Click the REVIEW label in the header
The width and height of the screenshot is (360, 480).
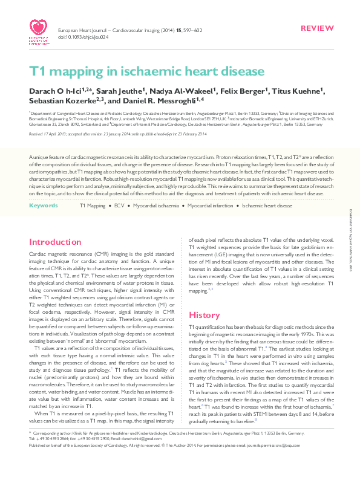click(x=316, y=12)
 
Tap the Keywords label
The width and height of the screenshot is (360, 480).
click(x=43, y=206)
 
